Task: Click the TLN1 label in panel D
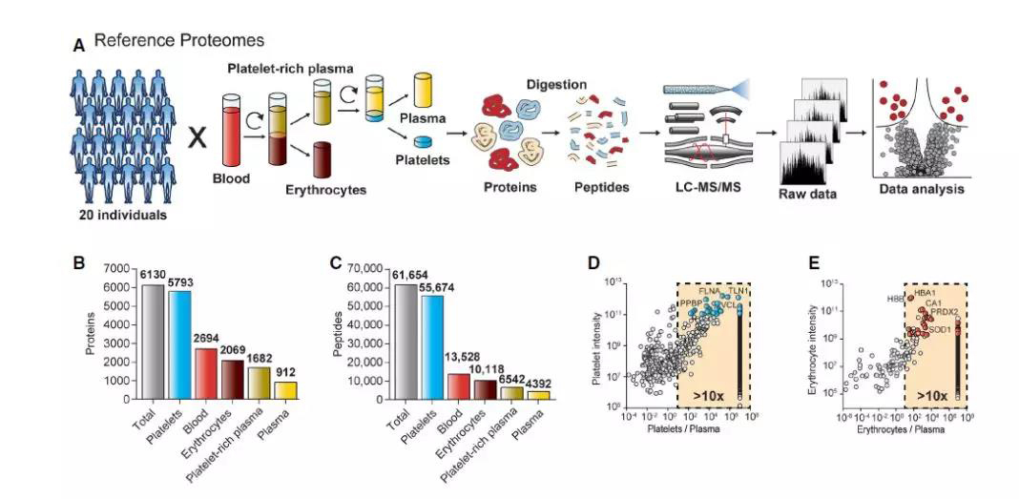coord(738,290)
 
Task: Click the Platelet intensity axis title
coord(595,345)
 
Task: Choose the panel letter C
coord(333,260)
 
